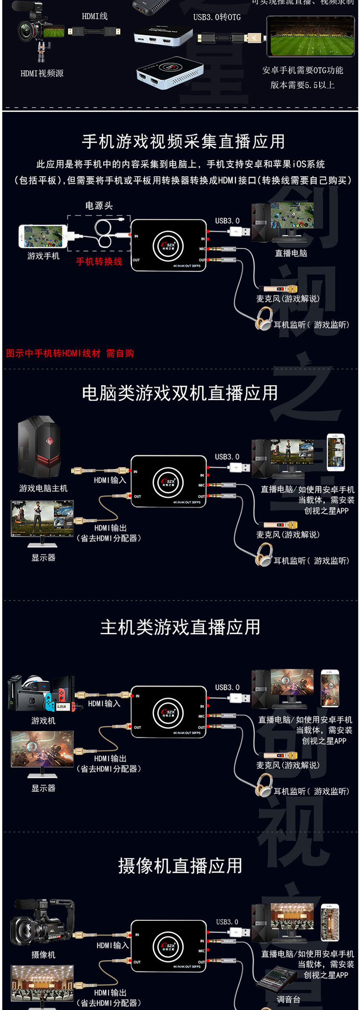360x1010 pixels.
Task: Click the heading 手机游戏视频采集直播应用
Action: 183,142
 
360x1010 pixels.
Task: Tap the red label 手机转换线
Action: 99,261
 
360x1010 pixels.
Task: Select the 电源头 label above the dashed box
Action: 99,206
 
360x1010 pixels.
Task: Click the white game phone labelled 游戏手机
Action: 42,236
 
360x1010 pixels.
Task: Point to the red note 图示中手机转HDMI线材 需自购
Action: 70,354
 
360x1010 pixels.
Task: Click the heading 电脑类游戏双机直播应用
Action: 180,393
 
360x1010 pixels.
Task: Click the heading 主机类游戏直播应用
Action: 180,627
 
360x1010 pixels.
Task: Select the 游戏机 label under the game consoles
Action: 43,721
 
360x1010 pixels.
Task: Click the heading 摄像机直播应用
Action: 180,866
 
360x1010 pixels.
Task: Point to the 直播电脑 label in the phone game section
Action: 291,253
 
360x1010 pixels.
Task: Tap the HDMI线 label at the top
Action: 95,17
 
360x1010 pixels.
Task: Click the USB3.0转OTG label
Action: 217,17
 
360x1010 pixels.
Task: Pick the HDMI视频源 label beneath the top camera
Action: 42,73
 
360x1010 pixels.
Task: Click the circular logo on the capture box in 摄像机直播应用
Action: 168,946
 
